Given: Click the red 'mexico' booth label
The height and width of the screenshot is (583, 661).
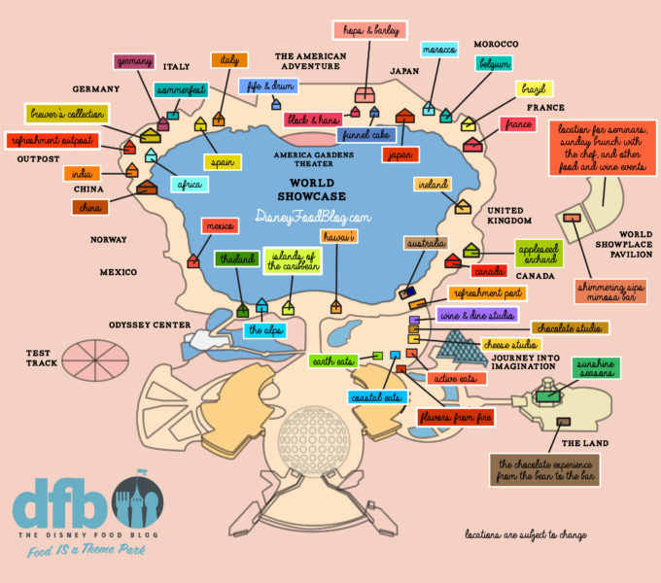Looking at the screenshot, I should [219, 226].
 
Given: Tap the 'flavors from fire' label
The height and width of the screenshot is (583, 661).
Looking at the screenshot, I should [454, 417].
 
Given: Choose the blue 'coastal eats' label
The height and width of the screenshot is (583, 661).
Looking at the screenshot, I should [376, 397].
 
